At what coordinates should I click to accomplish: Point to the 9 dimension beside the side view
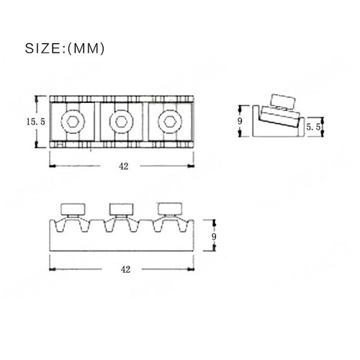(240, 121)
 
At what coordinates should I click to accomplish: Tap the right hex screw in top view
(171, 121)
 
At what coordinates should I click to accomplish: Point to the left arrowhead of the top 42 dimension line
(52, 165)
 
